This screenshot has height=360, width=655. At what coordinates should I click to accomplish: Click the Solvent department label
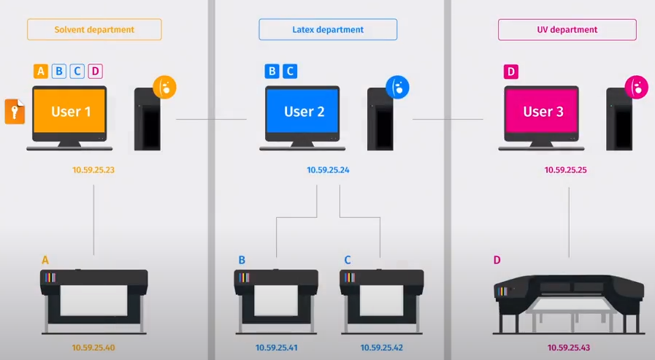(94, 30)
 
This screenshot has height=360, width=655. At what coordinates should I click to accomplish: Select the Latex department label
(327, 30)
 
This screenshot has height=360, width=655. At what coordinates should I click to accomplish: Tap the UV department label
(567, 30)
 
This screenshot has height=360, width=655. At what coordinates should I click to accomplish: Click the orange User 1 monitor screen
(70, 112)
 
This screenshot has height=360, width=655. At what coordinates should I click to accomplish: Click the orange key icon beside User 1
(15, 112)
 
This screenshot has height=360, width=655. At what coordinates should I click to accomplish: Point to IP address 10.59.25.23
(93, 170)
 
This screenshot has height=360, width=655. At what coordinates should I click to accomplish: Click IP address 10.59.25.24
(328, 170)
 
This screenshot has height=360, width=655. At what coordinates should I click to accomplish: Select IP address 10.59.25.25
(566, 170)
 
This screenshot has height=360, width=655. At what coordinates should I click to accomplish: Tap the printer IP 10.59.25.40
(93, 348)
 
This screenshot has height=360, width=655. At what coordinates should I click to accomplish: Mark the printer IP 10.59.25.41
(277, 348)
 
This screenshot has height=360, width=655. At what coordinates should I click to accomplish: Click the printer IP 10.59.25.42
(382, 348)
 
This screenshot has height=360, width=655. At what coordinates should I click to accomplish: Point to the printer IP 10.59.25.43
(569, 348)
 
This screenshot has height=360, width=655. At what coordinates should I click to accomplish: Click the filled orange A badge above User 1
(41, 71)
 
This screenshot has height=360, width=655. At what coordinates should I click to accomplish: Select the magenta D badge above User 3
(511, 71)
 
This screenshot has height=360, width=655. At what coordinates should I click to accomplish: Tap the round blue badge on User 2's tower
(397, 88)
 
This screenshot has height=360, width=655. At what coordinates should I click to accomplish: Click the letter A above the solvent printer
(45, 260)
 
